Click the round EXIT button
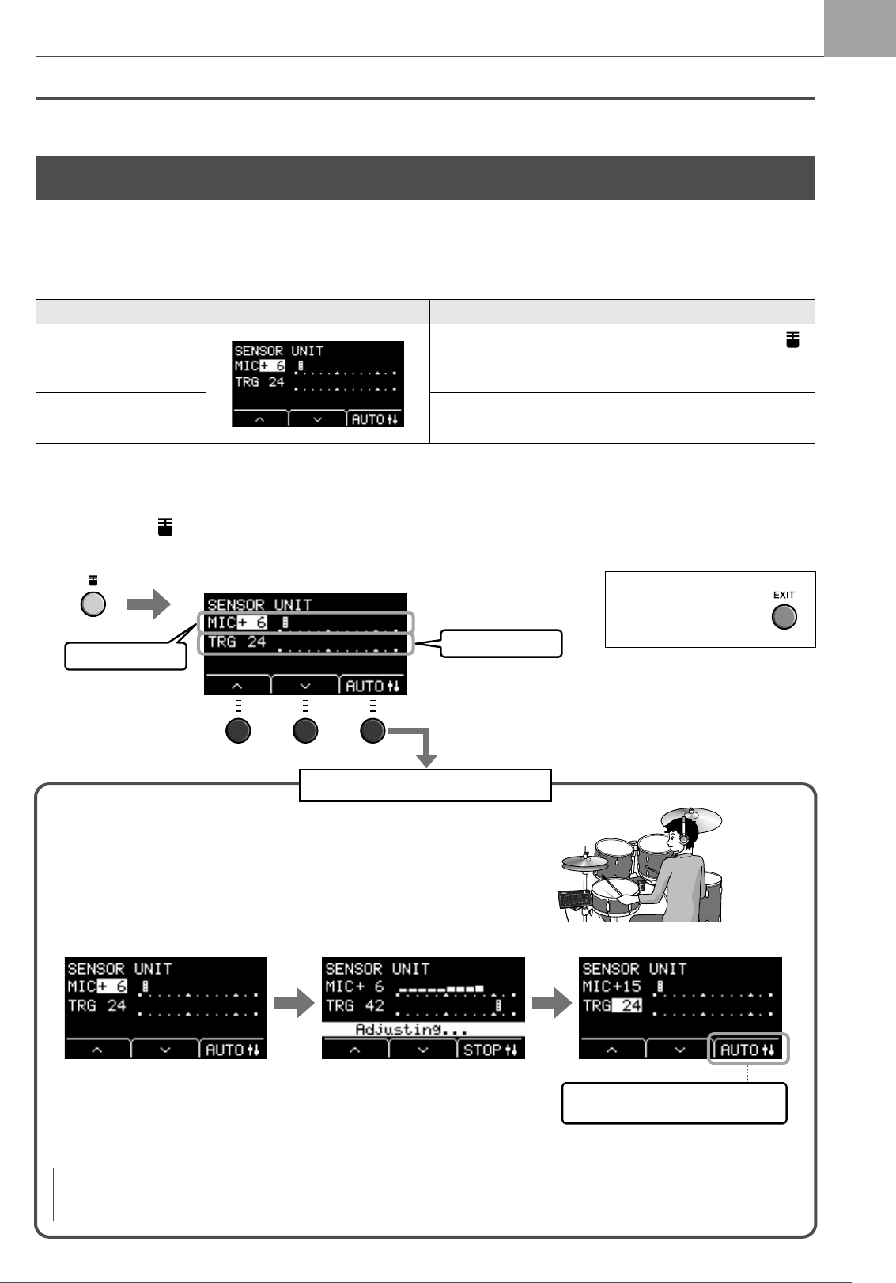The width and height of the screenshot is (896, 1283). tap(784, 617)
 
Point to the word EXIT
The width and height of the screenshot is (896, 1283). tap(784, 595)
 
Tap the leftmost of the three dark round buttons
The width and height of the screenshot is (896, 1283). tap(238, 730)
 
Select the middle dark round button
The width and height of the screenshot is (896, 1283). tap(305, 730)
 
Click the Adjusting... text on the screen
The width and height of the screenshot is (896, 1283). tap(410, 1029)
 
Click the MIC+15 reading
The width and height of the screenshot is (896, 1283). tap(611, 986)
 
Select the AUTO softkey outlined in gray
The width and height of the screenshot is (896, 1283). tap(747, 1050)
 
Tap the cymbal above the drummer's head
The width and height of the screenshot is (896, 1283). tap(691, 818)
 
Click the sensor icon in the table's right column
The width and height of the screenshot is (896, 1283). tap(792, 340)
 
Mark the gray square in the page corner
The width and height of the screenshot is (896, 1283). tap(860, 28)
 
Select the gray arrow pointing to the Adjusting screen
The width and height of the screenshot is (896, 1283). tap(294, 1005)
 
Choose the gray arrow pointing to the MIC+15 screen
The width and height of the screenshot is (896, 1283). tap(552, 1005)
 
